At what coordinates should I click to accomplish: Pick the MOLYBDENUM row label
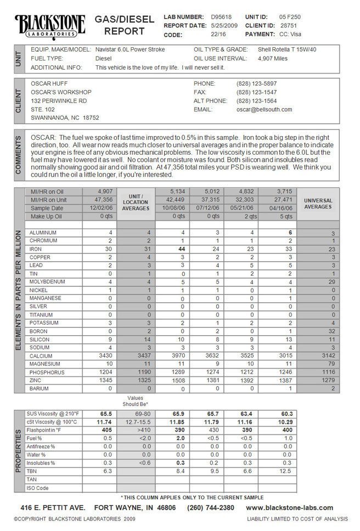click(47, 281)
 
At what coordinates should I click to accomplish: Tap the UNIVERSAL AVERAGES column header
click(318, 204)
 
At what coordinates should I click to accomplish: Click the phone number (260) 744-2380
click(211, 507)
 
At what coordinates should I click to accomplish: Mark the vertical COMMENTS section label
click(19, 155)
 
